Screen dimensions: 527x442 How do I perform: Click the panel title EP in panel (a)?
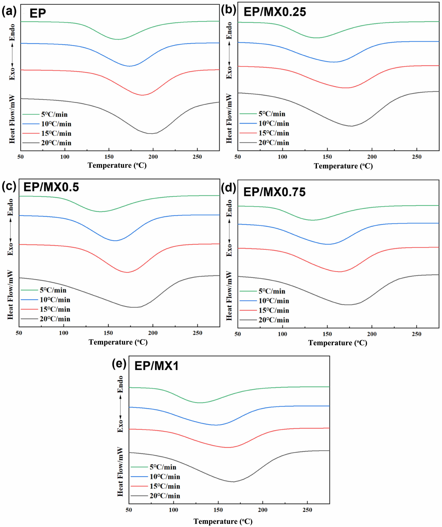point(38,13)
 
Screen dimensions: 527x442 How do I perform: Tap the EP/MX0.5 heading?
point(51,187)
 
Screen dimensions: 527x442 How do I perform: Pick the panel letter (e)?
point(119,363)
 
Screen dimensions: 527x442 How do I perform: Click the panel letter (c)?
point(9,186)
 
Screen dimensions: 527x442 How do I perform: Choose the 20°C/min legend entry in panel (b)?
point(274,143)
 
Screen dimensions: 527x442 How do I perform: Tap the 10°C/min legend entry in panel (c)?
point(55,300)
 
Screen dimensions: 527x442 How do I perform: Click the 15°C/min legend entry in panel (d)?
point(274,310)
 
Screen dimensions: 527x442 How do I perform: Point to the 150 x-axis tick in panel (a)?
point(109,157)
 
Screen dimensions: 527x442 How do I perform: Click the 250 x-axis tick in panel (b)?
point(417,157)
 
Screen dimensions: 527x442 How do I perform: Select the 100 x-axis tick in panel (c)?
point(63,333)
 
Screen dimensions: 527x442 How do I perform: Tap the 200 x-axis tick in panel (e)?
point(263,510)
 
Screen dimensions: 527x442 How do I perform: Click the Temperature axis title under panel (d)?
point(338,343)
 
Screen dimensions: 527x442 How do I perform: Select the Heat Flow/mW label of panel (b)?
point(229,118)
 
